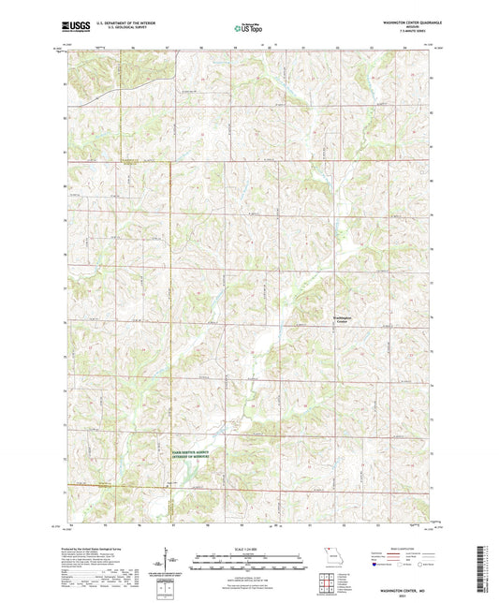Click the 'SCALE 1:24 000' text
coord(248,548)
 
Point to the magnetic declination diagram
coord(169,561)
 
